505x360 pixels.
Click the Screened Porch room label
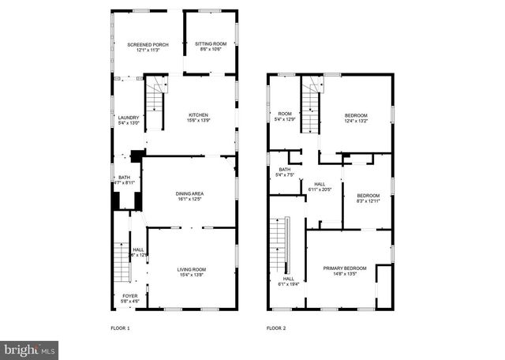(143, 45)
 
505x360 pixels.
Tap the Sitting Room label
(211, 43)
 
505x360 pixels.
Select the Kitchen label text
(197, 114)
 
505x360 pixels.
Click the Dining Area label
(189, 193)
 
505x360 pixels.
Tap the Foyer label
(128, 297)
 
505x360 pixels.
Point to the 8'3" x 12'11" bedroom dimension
(368, 200)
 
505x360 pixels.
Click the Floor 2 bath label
(284, 170)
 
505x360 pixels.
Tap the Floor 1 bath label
(124, 178)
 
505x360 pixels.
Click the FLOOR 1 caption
(120, 328)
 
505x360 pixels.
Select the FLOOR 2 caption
(275, 328)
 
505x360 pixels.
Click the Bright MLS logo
(30, 348)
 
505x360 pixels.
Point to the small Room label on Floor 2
(284, 114)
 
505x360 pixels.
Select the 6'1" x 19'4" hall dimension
(289, 283)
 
